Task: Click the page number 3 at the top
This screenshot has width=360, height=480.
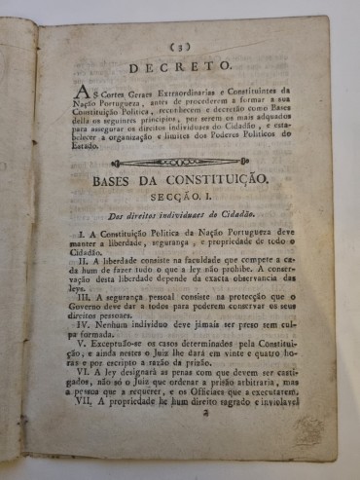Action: pos(181,46)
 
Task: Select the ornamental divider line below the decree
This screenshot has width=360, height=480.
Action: pos(186,163)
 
